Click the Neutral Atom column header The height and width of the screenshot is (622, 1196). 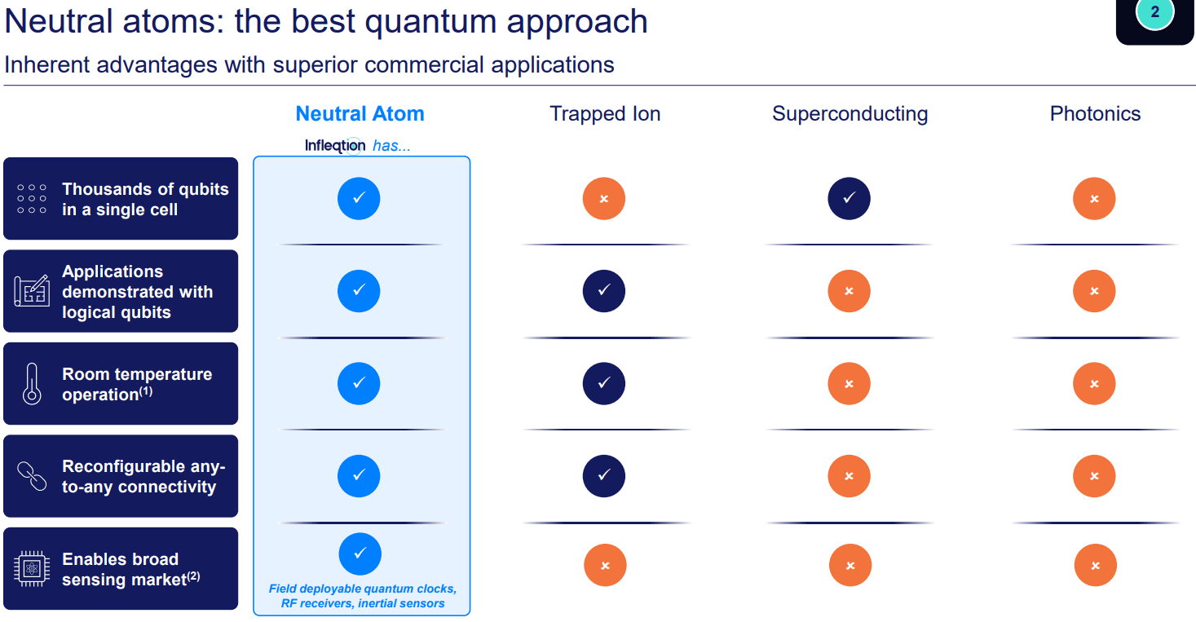(360, 113)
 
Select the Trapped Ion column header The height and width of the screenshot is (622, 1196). (605, 113)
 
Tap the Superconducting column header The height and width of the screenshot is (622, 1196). (850, 113)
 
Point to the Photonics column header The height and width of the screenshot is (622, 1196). (1095, 113)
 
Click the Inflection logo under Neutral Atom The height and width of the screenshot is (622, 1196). (335, 146)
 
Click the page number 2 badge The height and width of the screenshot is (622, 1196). (1154, 13)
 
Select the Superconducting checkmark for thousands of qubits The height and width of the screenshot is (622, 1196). (849, 198)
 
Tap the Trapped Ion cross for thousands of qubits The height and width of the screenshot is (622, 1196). (604, 198)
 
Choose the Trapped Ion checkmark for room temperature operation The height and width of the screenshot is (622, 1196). (604, 383)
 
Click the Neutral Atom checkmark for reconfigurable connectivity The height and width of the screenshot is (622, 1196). (359, 475)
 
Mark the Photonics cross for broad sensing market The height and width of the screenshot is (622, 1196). (1095, 566)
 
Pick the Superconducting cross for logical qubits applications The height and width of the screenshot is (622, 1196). (849, 291)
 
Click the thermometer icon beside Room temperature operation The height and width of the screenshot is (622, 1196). (32, 384)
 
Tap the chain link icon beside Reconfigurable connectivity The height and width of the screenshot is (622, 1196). (32, 476)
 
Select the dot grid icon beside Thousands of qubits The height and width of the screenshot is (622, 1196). (32, 198)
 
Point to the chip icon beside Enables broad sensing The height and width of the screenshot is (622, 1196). (32, 568)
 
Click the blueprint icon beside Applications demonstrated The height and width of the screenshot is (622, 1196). (32, 291)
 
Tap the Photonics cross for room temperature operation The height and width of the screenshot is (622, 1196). (1094, 383)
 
